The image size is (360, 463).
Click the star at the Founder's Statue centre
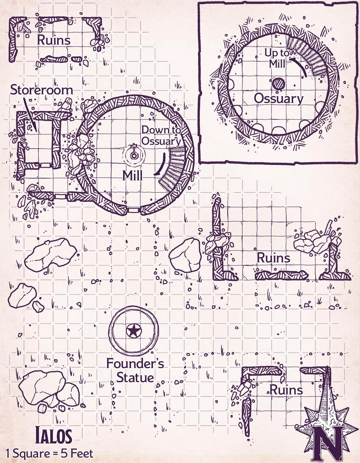(134, 331)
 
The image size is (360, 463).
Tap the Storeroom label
(41, 90)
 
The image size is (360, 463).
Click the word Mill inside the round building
(132, 176)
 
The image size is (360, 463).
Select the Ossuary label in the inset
(279, 99)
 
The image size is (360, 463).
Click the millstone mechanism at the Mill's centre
(134, 154)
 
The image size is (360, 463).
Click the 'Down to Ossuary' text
(161, 135)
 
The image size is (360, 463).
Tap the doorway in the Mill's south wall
(134, 210)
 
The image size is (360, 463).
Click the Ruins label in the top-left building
(53, 40)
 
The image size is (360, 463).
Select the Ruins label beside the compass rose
(286, 390)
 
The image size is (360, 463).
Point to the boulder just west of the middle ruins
(185, 254)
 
